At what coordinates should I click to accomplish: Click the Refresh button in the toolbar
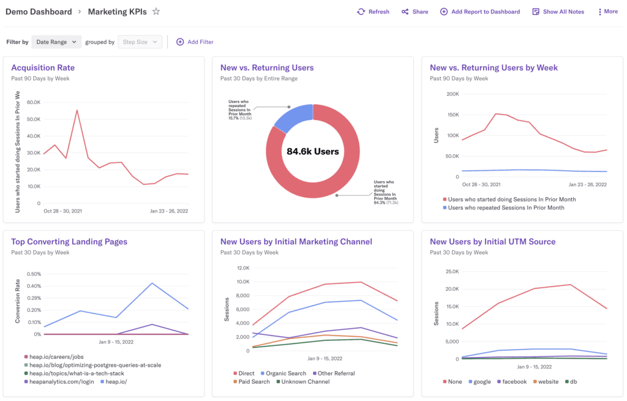point(373,12)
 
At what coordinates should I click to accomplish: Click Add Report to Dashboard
point(480,12)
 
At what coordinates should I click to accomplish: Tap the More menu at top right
point(607,12)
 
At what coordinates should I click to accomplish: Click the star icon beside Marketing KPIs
point(156,12)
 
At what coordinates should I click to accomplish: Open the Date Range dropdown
point(56,42)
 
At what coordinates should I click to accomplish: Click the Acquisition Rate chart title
point(43,68)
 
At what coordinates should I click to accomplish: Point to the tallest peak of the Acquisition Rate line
point(77,111)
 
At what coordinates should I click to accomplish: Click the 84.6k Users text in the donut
point(312,151)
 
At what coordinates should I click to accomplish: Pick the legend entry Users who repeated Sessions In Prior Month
point(506,208)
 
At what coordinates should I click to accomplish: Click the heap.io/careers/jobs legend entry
point(57,356)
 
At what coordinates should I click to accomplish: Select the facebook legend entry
point(514,381)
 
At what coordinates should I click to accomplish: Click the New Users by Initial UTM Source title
point(492,242)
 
